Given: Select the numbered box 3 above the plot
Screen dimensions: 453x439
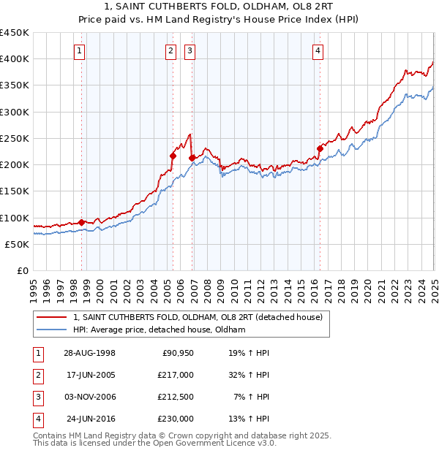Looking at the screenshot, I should (x=190, y=50).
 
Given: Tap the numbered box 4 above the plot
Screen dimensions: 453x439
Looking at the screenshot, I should (x=318, y=50).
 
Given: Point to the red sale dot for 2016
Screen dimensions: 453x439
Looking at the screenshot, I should (x=320, y=148).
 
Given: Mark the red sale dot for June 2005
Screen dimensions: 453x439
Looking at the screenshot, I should (x=173, y=155).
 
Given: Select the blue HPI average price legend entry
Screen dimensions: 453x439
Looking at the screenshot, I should (x=158, y=330).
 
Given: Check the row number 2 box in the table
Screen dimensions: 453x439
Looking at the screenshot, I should (x=37, y=375).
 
